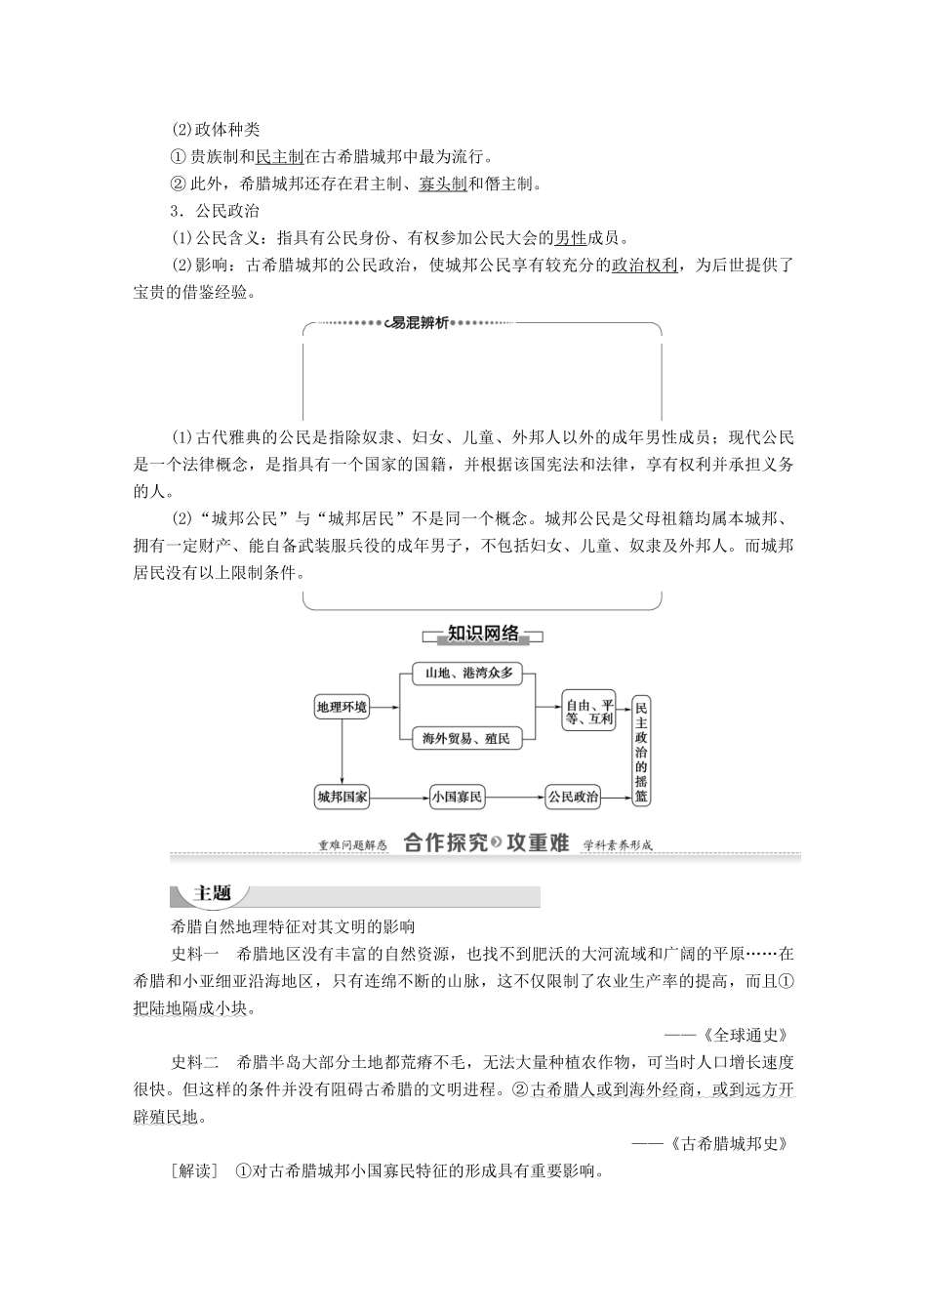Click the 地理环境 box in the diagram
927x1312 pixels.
pyautogui.click(x=342, y=707)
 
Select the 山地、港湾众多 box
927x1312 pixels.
pyautogui.click(x=467, y=673)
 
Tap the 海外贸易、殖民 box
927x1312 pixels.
pyautogui.click(x=466, y=738)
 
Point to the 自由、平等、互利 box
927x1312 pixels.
pyautogui.click(x=589, y=712)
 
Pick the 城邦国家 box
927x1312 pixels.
pyautogui.click(x=342, y=797)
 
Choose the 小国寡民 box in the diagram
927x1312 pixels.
pyautogui.click(x=457, y=797)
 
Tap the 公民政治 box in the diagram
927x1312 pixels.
pyautogui.click(x=573, y=797)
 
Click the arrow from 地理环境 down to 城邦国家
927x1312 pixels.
pyautogui.click(x=342, y=752)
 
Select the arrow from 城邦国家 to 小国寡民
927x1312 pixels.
pyautogui.click(x=399, y=798)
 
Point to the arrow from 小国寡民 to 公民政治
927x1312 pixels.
pyautogui.click(x=514, y=798)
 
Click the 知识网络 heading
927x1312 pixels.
pyautogui.click(x=483, y=635)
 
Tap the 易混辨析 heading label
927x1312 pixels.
pyautogui.click(x=419, y=323)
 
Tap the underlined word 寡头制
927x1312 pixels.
pyautogui.click(x=442, y=184)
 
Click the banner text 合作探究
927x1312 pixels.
pyautogui.click(x=445, y=843)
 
